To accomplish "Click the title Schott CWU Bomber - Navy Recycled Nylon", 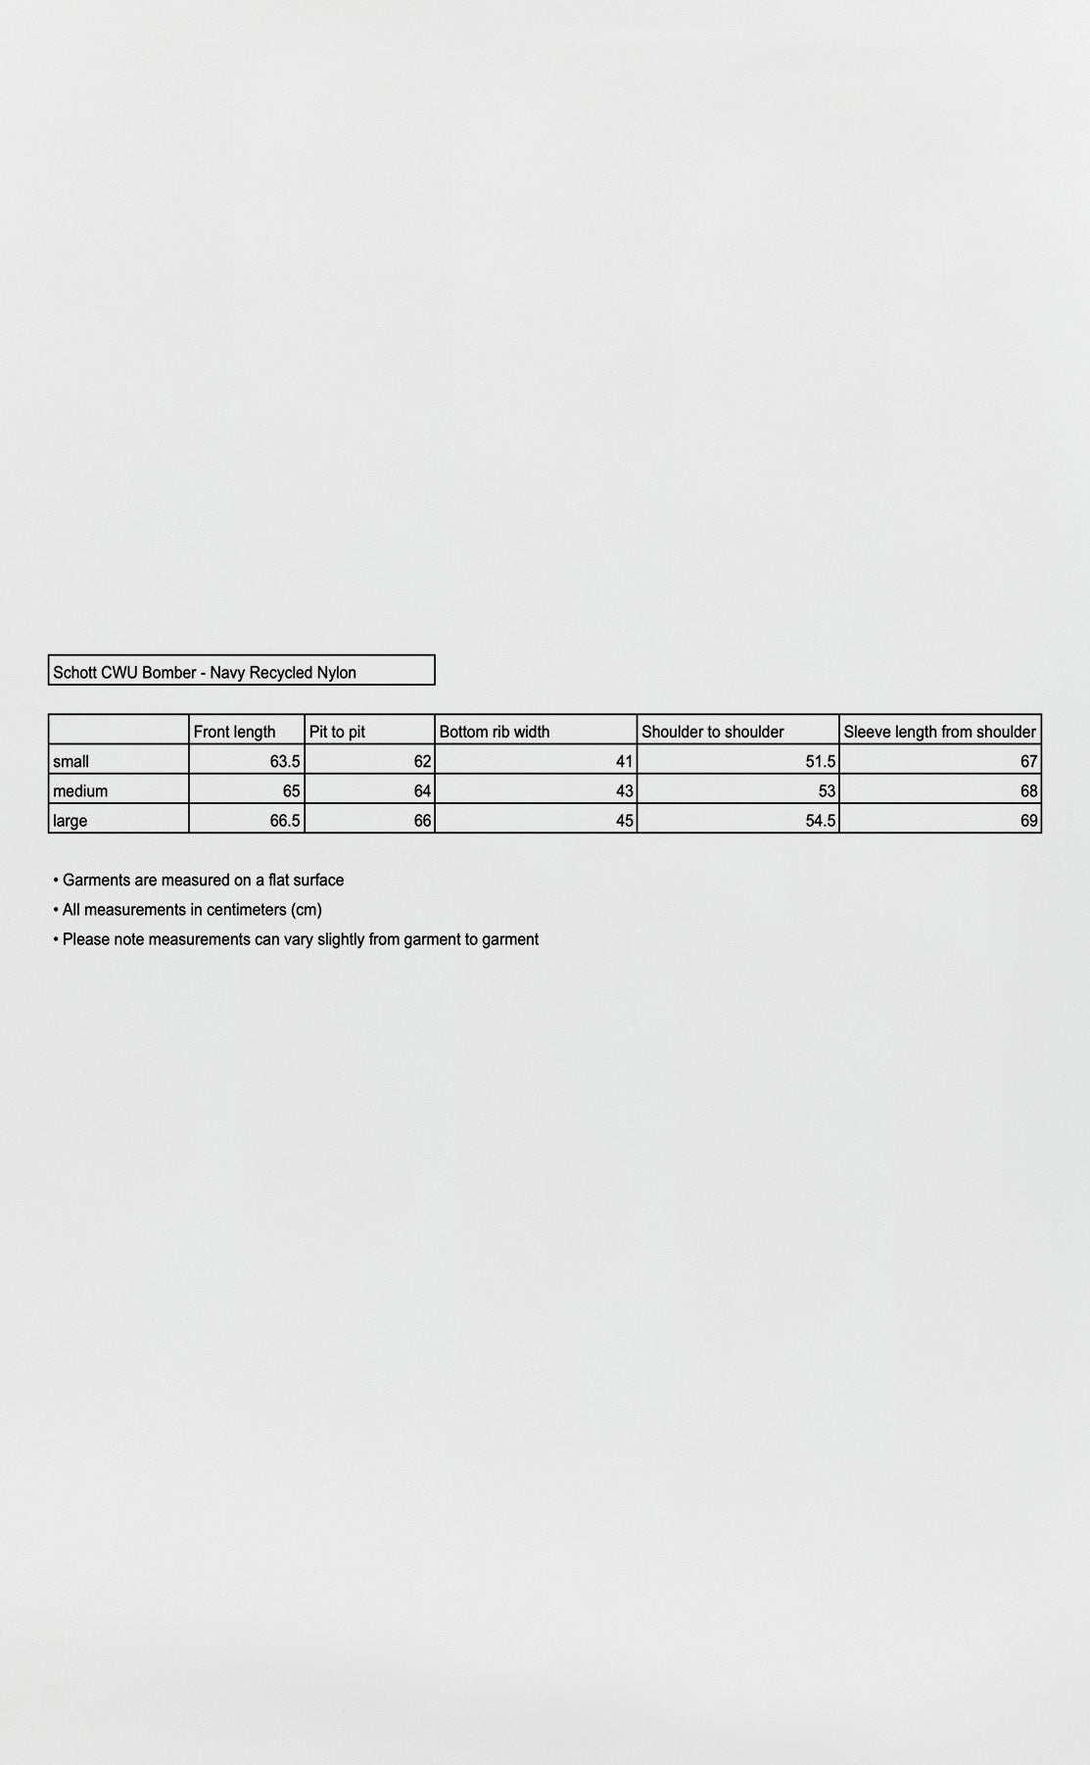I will tap(205, 672).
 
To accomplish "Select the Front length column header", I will tap(235, 732).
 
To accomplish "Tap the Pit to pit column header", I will tap(338, 732).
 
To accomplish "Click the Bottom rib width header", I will tap(495, 732).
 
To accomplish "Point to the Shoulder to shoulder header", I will tap(713, 732).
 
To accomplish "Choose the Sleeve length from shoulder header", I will tap(939, 732).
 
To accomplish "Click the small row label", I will tap(71, 761).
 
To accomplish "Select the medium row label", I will tap(80, 790).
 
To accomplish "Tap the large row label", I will tap(71, 821).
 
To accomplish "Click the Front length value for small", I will tap(285, 761).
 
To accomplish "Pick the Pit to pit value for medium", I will tap(422, 790).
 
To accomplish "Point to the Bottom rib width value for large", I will tap(625, 821).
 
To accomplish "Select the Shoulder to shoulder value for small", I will tap(821, 761).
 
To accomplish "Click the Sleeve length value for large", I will tap(1028, 821).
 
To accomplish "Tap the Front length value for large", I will tap(285, 821).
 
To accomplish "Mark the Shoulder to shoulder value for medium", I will tap(827, 790).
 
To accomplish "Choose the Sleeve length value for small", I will tap(1028, 761).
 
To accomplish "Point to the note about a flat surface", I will tap(203, 881).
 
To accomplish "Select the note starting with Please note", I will tap(300, 939).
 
